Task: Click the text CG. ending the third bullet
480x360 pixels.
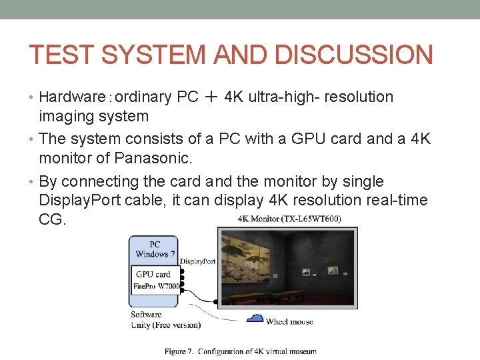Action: [x=53, y=219]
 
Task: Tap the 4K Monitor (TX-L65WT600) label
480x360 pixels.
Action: [x=289, y=219]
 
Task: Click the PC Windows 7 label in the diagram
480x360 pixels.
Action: [x=154, y=249]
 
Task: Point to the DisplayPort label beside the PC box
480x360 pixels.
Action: [x=197, y=261]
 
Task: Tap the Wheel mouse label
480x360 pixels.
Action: [x=289, y=321]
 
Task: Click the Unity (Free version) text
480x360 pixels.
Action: [x=165, y=325]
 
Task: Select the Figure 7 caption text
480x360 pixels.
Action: [x=241, y=351]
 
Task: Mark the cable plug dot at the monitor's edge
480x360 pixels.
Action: [x=215, y=301]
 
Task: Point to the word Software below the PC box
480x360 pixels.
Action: [x=146, y=315]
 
